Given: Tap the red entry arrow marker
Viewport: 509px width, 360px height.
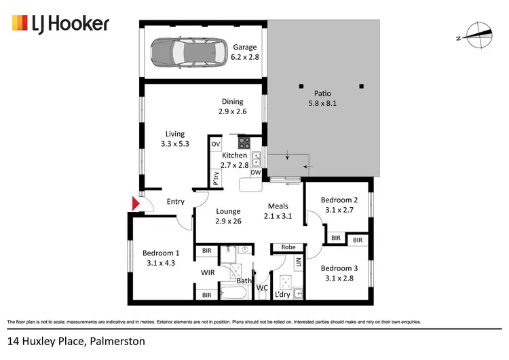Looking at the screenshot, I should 136,203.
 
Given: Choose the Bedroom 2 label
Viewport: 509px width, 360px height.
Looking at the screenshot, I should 339,200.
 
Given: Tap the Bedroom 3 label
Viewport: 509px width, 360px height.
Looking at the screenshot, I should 339,268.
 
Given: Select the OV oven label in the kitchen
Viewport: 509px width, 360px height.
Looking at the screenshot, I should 216,145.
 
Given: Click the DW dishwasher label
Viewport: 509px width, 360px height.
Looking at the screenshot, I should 256,173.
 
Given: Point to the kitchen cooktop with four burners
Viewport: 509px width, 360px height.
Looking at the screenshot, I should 243,143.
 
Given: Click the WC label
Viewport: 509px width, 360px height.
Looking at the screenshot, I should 262,288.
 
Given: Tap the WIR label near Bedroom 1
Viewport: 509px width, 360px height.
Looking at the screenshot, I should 208,272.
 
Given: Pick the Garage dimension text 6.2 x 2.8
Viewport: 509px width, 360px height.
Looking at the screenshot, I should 245,57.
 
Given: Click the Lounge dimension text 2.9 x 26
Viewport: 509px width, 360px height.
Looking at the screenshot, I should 228,221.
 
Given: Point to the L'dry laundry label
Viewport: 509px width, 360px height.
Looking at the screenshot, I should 282,295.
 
